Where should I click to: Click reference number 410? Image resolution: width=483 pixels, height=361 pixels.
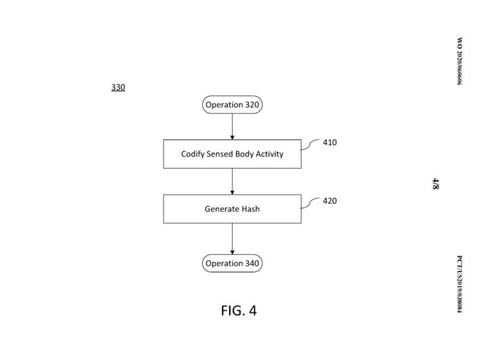[x=329, y=143]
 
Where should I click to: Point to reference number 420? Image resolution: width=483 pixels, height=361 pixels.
[x=329, y=201]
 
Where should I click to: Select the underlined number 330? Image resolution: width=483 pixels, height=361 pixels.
[x=118, y=87]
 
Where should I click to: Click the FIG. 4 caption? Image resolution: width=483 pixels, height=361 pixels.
[x=239, y=310]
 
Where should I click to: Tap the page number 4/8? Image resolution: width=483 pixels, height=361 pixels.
[x=436, y=184]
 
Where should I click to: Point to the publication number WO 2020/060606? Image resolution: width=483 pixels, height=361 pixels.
[x=460, y=61]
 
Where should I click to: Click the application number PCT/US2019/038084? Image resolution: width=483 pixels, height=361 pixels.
[x=460, y=284]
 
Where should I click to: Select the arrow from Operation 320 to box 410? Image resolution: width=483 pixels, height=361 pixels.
[x=232, y=127]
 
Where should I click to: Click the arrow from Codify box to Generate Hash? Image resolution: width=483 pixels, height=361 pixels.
[x=232, y=182]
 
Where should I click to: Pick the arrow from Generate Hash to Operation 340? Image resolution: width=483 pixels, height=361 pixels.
[x=232, y=239]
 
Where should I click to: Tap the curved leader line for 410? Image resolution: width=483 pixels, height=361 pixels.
[x=310, y=144]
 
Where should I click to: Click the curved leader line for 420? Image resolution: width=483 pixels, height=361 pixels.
[x=310, y=203]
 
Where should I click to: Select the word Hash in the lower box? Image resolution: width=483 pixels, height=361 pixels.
[x=251, y=209]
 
